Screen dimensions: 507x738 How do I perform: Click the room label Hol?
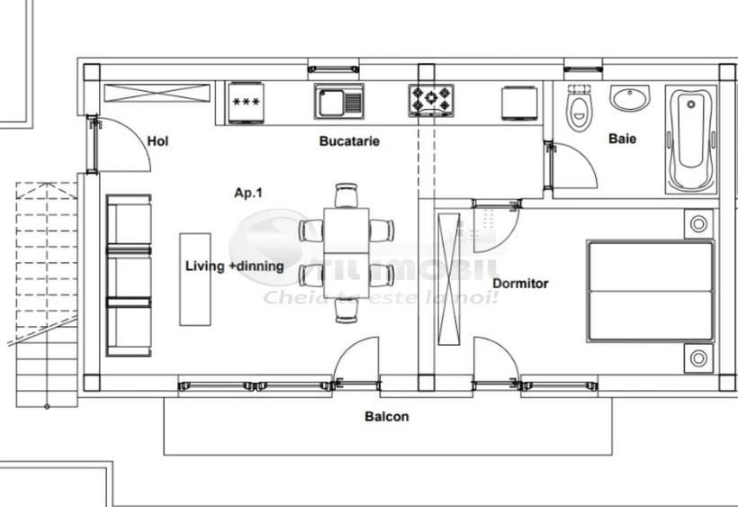click(157, 140)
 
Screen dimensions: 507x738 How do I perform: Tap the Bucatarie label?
click(349, 141)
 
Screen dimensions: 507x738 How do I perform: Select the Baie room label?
click(622, 139)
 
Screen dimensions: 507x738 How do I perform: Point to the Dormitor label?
click(520, 284)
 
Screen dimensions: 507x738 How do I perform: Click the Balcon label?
click(386, 417)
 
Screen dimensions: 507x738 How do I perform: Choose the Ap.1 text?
click(248, 193)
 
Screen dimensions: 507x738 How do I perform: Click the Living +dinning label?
click(234, 267)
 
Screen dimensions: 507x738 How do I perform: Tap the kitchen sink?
click(338, 101)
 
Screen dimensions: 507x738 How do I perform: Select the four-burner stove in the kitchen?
click(431, 101)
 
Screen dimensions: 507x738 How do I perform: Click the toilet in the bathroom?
click(580, 109)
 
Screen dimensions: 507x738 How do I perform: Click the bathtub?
click(690, 139)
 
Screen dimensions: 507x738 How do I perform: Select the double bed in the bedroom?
click(650, 290)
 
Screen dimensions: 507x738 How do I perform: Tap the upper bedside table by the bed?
click(697, 223)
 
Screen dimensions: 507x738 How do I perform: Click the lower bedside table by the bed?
click(697, 358)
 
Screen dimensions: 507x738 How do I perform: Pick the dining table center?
click(346, 252)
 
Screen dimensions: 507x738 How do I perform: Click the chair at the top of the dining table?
click(346, 195)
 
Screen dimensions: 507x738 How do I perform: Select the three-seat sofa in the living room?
click(128, 276)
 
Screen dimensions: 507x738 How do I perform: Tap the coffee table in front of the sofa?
click(195, 279)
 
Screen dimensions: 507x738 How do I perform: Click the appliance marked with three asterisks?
click(245, 101)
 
